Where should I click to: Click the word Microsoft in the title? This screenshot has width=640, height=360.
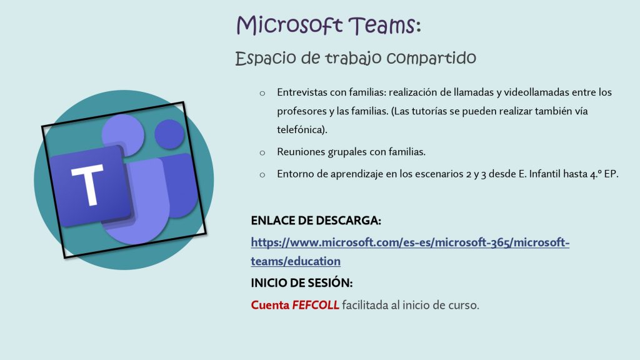[x=289, y=25]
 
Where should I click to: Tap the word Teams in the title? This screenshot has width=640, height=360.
[x=382, y=25]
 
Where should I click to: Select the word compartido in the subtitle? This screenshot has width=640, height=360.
[x=431, y=58]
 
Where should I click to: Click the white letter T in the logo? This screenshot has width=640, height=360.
[x=88, y=184]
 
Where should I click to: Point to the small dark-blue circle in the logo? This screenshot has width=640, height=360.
[x=169, y=134]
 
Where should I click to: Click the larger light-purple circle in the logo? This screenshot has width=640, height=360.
[x=123, y=136]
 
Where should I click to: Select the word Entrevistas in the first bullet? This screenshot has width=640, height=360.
[x=302, y=92]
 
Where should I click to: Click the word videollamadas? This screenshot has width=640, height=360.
[x=536, y=92]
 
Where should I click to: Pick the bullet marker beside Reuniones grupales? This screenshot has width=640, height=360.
[x=262, y=153]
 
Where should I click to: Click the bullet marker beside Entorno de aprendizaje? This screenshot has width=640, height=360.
[x=262, y=175]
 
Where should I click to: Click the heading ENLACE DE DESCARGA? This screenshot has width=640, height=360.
[x=316, y=221]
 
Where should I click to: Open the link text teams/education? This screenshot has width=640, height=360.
[x=296, y=261]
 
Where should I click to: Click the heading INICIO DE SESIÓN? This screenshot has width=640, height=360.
[x=302, y=283]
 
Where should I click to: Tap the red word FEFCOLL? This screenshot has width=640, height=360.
[x=316, y=305]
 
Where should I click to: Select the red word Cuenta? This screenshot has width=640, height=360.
[x=270, y=305]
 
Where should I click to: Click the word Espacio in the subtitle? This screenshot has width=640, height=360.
[x=266, y=58]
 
